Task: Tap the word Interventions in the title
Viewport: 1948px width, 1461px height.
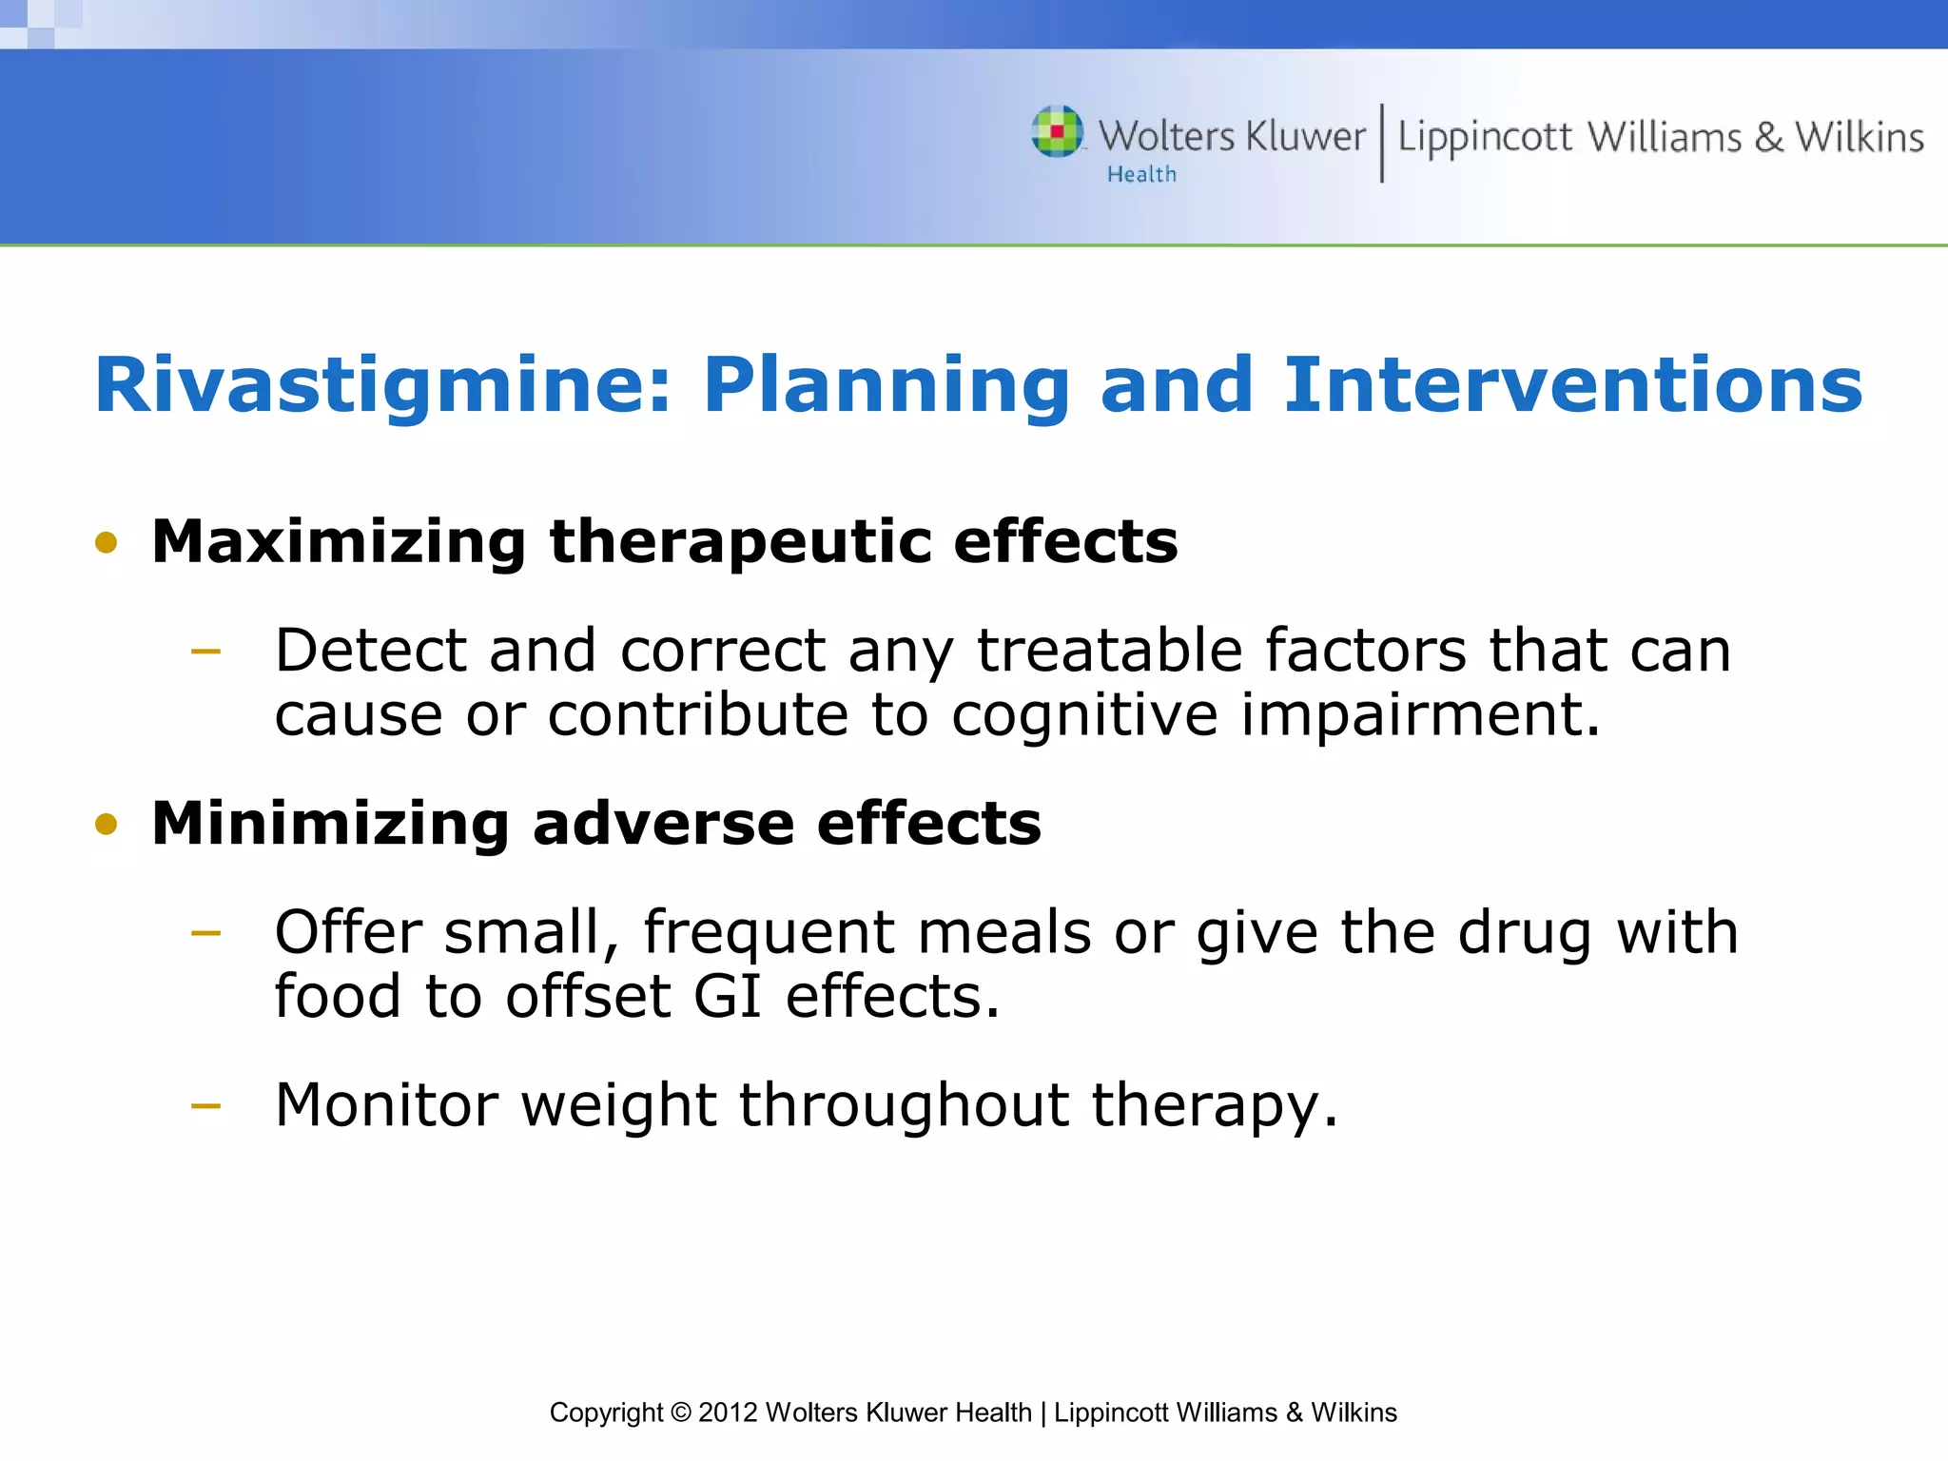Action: tap(1572, 385)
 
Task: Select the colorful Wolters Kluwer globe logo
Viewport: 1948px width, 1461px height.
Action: tap(1057, 131)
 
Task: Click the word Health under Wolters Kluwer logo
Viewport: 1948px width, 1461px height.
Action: tap(1141, 175)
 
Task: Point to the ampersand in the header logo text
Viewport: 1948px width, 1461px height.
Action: tap(1768, 138)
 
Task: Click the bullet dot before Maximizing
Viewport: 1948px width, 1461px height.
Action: tap(107, 543)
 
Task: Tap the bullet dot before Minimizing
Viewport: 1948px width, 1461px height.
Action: tap(107, 824)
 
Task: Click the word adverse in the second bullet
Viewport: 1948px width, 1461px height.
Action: tap(663, 824)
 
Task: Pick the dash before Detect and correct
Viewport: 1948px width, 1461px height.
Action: tap(205, 653)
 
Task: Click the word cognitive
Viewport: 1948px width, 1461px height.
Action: tap(1083, 715)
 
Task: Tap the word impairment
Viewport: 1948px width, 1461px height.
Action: tap(1419, 715)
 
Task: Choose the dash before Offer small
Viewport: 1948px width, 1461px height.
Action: tap(205, 933)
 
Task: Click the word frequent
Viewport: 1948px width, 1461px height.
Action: tap(769, 933)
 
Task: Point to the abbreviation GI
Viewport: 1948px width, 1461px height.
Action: tap(728, 997)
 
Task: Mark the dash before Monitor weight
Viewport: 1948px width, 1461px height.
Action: tap(205, 1105)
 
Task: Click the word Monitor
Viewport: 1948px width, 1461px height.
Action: tap(386, 1105)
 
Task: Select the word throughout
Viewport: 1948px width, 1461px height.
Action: tap(904, 1105)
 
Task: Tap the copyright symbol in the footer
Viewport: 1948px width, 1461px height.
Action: tap(680, 1412)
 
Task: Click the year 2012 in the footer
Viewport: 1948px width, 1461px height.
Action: tap(728, 1412)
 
